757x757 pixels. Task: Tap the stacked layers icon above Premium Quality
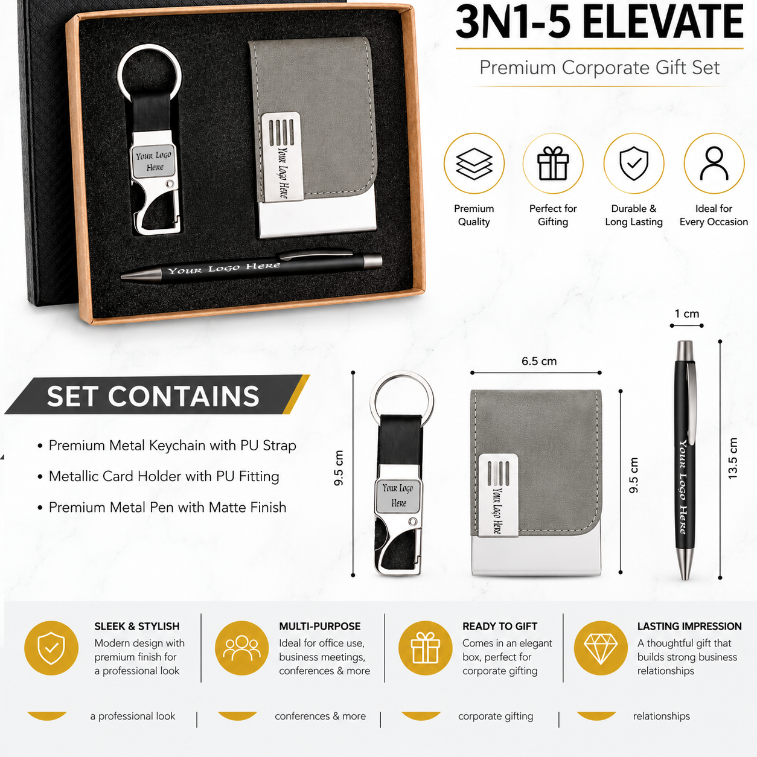click(474, 164)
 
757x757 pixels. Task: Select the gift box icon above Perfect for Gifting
click(553, 163)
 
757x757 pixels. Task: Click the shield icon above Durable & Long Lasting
click(634, 164)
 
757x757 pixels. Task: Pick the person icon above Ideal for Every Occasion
click(714, 164)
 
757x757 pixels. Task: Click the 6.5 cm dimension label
click(539, 361)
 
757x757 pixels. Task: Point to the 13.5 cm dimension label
click(733, 458)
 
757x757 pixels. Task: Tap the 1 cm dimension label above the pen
click(687, 313)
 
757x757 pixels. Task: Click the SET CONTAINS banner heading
click(153, 395)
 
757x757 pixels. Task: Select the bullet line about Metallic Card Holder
click(164, 476)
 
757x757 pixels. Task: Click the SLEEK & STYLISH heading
click(136, 626)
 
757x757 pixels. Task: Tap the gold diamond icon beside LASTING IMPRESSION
click(601, 648)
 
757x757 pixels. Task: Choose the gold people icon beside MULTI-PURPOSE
click(241, 648)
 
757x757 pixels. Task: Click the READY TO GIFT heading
click(500, 626)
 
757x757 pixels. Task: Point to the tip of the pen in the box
click(122, 277)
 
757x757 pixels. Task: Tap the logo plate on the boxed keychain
click(153, 161)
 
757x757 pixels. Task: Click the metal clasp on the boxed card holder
click(281, 157)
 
